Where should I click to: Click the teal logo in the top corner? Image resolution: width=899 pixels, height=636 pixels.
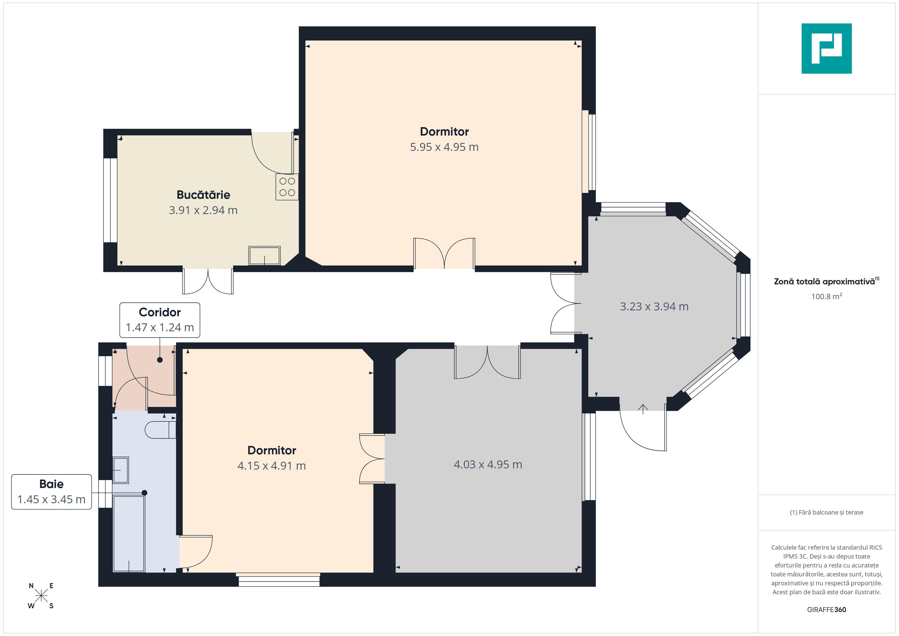pos(827,49)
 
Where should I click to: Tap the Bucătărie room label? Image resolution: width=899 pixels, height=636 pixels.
pos(203,195)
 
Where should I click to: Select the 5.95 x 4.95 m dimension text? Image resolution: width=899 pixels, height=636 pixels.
pos(444,147)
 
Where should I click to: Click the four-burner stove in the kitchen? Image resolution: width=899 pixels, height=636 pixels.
pos(287,187)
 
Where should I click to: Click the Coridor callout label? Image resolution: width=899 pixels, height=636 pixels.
pos(160,320)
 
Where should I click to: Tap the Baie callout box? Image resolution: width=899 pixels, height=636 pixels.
pos(51,492)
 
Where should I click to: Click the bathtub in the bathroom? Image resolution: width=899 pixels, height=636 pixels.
pos(129,533)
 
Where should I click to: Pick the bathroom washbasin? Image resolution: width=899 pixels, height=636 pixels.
pos(121,470)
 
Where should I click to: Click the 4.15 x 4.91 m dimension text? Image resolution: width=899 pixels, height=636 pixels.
pos(271,466)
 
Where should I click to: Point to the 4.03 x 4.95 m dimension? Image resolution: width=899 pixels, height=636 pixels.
pos(488,465)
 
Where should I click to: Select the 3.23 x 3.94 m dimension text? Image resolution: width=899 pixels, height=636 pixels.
pos(654,306)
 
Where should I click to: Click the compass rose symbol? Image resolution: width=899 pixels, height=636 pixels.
pos(41,596)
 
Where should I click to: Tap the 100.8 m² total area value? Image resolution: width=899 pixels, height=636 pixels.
pos(827,296)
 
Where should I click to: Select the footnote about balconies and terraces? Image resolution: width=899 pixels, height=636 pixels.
pos(827,512)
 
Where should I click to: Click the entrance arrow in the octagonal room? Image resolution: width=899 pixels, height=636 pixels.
pos(643,409)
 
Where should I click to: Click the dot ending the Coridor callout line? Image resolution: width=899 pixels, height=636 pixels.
pos(160,360)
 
